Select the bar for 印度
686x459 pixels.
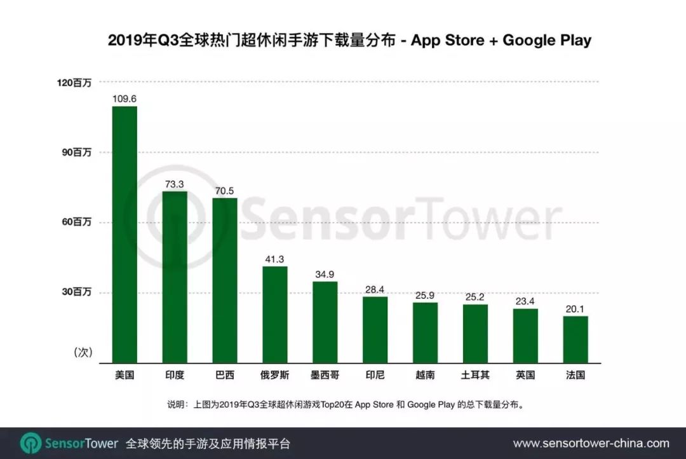(x=175, y=277)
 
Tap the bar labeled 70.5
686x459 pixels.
(x=225, y=280)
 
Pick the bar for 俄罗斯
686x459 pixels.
(x=274, y=314)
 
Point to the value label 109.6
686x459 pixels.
(x=124, y=99)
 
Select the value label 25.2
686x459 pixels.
(x=475, y=297)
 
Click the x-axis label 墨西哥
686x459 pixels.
(x=325, y=374)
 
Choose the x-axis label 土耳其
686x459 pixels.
(x=475, y=374)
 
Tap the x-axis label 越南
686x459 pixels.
(x=425, y=374)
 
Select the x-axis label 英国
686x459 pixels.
(x=525, y=374)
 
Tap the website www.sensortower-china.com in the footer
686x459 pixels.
(x=591, y=443)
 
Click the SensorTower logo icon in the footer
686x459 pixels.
(x=30, y=443)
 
